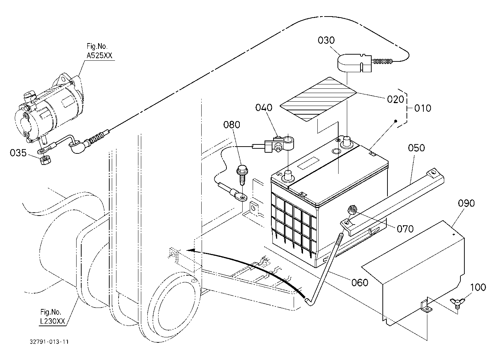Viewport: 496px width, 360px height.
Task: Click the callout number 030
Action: pos(326,40)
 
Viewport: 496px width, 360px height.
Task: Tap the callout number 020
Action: pos(395,100)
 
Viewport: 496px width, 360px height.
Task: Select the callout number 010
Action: pos(423,108)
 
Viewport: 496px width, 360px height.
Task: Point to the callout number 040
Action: pos(264,107)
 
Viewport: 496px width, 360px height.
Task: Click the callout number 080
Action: pos(231,125)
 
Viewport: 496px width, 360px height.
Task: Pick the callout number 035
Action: pos(18,153)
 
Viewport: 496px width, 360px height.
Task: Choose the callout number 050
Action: pos(417,148)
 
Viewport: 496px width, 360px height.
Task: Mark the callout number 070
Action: pos(405,229)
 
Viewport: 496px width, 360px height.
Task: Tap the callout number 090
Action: pos(466,203)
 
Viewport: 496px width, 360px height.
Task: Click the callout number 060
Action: pos(360,282)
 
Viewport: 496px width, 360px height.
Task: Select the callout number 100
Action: pos(478,287)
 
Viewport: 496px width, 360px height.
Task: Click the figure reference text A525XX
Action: pos(100,55)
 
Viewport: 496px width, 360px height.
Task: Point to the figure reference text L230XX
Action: pos(52,321)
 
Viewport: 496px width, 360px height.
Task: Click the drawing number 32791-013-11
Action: pos(49,342)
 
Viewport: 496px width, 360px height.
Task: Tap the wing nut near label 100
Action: pos(457,302)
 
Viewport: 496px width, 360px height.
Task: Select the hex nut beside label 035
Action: pos(46,160)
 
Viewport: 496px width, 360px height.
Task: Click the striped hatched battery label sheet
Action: pos(318,99)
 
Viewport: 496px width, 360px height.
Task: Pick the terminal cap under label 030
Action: pos(354,63)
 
